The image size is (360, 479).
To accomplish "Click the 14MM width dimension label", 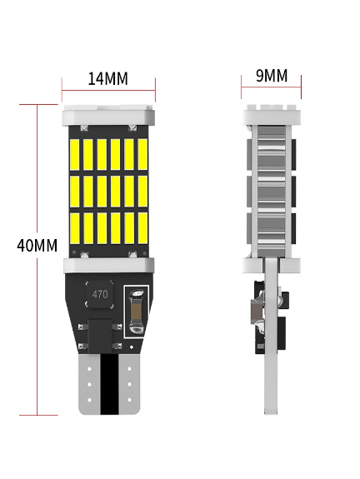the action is (107, 78).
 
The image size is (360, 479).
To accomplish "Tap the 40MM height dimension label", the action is (37, 245).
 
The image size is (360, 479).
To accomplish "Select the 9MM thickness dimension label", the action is (272, 76).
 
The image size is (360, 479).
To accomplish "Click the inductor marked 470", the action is (100, 295).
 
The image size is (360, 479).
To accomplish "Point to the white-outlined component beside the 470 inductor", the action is (137, 312).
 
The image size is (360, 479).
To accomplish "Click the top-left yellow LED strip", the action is (74, 155).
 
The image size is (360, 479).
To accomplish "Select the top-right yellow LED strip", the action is (142, 155).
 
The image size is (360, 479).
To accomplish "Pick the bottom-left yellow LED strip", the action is (74, 228).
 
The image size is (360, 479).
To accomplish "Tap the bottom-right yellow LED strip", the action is (142, 228).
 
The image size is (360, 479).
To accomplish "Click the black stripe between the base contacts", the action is (109, 384).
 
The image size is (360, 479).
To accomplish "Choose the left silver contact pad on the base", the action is (89, 384).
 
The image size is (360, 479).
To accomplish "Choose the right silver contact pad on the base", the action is (129, 384).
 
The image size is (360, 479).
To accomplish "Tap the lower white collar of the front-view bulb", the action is (108, 266).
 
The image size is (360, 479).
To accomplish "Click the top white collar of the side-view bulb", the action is (272, 115).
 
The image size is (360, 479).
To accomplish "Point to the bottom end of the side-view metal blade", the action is (271, 414).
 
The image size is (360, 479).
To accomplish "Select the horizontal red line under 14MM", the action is (108, 91).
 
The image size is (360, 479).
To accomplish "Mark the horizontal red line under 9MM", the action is (271, 87).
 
